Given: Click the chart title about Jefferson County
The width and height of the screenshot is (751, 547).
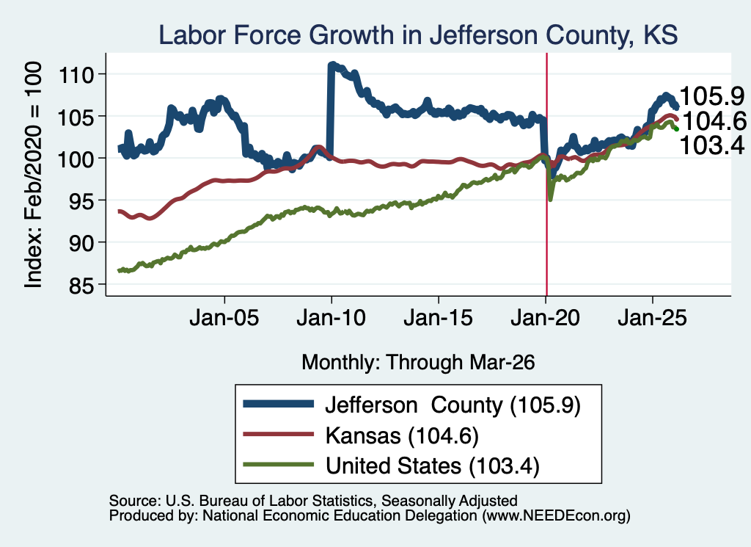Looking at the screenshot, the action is click(x=417, y=35).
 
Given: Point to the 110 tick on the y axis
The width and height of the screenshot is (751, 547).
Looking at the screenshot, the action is click(x=76, y=74).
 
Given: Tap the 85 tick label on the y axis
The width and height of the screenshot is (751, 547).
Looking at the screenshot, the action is click(x=81, y=285).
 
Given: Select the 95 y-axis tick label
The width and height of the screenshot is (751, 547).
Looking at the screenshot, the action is click(x=81, y=201).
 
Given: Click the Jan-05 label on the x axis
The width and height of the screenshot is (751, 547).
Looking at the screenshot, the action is click(x=224, y=318).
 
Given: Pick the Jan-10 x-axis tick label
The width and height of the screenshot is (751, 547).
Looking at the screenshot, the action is click(x=331, y=318).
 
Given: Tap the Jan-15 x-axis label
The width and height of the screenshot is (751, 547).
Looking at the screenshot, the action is click(x=439, y=318).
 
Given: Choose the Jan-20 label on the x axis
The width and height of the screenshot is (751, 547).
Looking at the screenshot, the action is click(x=546, y=318).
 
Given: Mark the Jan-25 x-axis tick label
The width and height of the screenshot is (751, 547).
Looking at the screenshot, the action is click(x=652, y=318).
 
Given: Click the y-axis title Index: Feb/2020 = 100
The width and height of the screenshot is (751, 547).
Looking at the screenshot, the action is click(x=33, y=175).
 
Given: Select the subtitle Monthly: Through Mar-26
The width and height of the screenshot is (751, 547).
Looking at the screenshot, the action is click(x=418, y=363).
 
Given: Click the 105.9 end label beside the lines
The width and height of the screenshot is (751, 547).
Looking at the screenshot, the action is click(x=711, y=96).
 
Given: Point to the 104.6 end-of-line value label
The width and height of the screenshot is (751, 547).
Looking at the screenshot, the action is click(x=714, y=121).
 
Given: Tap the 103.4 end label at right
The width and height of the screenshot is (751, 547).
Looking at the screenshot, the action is click(x=711, y=145).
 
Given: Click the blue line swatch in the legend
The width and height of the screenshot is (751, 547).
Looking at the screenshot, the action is click(x=278, y=404).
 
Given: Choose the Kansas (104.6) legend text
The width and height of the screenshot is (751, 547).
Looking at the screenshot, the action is click(x=402, y=435).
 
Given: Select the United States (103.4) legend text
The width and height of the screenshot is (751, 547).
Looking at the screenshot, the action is click(x=433, y=466).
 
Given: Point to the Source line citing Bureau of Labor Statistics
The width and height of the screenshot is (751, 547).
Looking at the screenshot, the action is click(x=313, y=501).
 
